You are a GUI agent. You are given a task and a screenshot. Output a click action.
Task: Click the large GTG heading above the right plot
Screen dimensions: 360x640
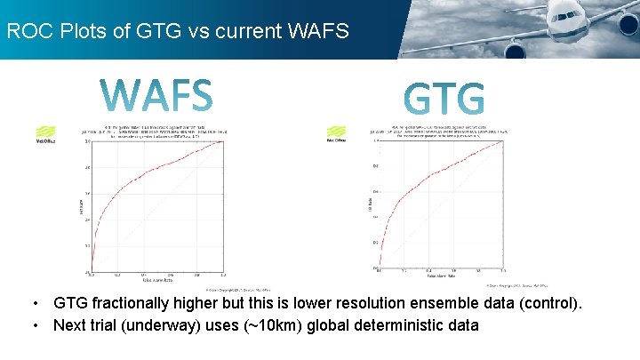tap(444, 99)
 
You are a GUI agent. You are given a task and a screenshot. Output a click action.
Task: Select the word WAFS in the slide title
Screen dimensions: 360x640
tap(317, 31)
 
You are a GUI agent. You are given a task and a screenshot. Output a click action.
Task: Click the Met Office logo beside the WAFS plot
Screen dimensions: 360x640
tap(45, 133)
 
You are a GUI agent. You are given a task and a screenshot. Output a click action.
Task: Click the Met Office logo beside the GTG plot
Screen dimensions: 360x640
tap(337, 133)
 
